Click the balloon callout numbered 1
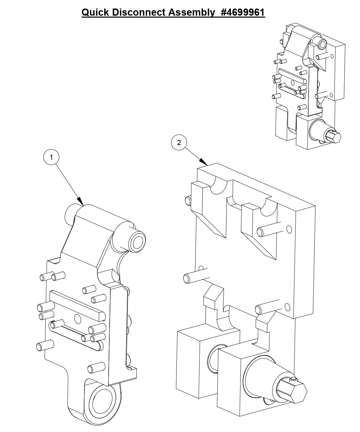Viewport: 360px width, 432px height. pos(51,157)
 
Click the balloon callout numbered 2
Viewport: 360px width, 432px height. pos(179,143)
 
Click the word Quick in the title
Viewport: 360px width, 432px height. pos(95,13)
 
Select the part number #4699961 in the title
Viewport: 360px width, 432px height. pos(242,13)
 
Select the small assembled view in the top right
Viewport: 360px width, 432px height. pos(309,87)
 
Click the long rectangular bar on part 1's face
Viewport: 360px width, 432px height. pos(77,305)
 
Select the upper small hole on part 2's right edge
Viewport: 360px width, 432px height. pos(289,229)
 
